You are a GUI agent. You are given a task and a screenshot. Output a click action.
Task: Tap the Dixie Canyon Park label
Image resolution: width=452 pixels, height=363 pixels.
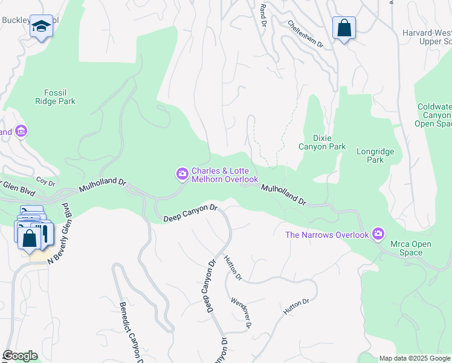click(x=322, y=142)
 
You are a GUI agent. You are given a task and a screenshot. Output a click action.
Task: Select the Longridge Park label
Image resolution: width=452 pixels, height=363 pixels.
click(x=370, y=156)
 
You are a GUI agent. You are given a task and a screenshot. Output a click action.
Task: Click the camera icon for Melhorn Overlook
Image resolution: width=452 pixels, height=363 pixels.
click(x=182, y=174)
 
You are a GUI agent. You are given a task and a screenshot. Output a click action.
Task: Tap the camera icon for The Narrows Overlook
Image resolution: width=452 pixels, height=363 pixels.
click(x=378, y=234)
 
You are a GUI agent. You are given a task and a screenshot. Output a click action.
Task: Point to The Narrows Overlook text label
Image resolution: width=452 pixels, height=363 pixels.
click(x=327, y=235)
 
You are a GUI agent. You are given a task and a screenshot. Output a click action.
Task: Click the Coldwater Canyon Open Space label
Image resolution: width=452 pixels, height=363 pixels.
click(x=434, y=115)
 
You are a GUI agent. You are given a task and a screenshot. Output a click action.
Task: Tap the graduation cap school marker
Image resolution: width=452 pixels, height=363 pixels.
click(x=41, y=27)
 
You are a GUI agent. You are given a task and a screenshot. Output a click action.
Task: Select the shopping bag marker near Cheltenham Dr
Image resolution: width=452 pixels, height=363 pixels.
click(x=344, y=28)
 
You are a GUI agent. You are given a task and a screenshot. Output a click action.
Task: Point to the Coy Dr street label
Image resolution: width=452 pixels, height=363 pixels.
click(x=45, y=181)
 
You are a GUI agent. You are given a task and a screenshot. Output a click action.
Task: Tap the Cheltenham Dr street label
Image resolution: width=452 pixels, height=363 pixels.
click(x=305, y=34)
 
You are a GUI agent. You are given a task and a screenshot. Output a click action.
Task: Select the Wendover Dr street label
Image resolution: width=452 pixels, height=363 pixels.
click(x=241, y=313)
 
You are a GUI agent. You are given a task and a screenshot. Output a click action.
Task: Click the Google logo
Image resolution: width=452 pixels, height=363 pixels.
click(x=20, y=356)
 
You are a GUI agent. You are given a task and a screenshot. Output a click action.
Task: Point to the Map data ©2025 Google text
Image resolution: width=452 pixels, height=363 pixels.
click(x=415, y=358)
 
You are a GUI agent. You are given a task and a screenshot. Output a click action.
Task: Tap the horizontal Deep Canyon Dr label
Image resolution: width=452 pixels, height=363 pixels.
click(x=190, y=213)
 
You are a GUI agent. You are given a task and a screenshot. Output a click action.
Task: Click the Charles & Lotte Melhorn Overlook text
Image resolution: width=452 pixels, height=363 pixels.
click(x=225, y=175)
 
